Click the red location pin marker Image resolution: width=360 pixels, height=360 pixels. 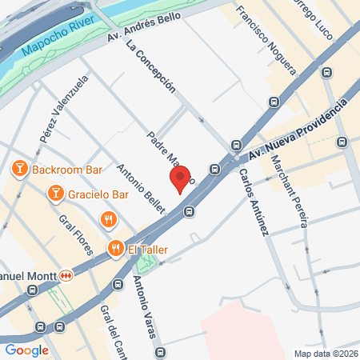(x=180, y=178)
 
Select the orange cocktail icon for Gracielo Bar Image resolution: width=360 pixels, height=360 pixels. (x=55, y=193)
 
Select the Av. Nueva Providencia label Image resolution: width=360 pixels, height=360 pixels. (x=298, y=128)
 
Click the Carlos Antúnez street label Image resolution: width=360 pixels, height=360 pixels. (x=253, y=202)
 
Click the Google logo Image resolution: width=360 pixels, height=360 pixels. (x=26, y=350)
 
